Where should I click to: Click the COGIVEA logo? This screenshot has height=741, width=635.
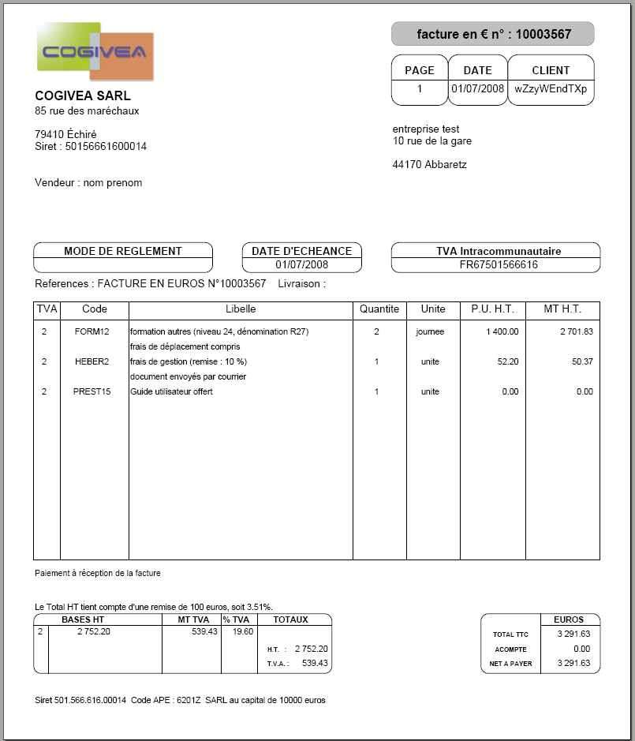click(x=95, y=52)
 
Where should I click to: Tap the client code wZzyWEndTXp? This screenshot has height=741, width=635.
click(x=551, y=89)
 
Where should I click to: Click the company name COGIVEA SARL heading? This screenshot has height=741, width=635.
click(x=83, y=95)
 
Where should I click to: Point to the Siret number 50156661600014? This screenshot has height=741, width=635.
click(x=106, y=146)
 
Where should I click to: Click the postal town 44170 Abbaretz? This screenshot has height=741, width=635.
click(x=429, y=165)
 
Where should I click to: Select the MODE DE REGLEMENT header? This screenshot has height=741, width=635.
click(x=122, y=251)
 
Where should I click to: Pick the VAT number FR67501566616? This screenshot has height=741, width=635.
click(x=499, y=264)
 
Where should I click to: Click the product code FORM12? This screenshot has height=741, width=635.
click(x=92, y=331)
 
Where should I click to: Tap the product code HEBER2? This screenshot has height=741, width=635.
click(x=92, y=361)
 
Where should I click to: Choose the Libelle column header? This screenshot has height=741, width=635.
click(x=241, y=309)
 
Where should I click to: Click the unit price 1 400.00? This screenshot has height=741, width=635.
click(x=501, y=331)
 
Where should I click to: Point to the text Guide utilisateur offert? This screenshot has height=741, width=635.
click(x=172, y=391)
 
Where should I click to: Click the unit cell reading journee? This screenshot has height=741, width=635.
click(x=430, y=331)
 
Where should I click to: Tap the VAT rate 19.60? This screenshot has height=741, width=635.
click(x=237, y=631)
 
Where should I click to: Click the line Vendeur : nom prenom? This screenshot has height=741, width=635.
click(x=88, y=182)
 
